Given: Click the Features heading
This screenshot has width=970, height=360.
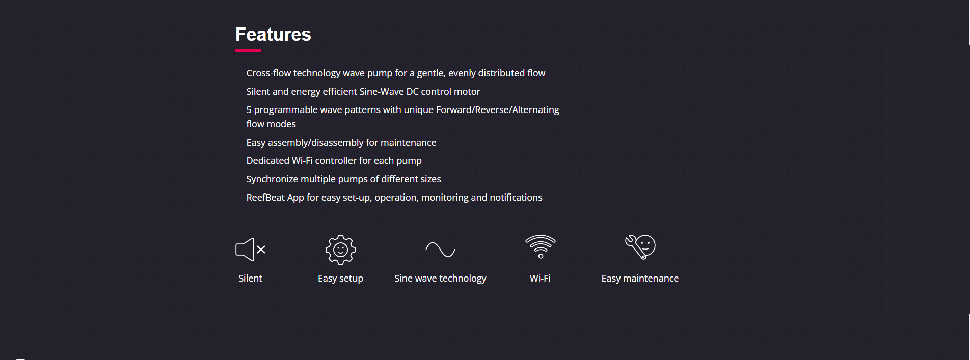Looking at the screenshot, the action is tap(273, 34).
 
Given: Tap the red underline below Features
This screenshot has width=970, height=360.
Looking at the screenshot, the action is tap(248, 51).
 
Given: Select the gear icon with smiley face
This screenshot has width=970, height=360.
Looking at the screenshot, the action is tap(340, 250).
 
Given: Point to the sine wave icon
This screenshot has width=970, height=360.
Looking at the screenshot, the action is tap(440, 250).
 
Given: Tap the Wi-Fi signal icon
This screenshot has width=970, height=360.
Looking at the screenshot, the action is tap(541, 246).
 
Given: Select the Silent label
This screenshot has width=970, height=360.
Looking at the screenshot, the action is tap(250, 279).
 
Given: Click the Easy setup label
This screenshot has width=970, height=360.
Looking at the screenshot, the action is tap(340, 279).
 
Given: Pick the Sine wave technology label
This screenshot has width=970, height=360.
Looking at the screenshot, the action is tap(440, 279).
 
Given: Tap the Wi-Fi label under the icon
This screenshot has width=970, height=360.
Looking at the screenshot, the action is tap(540, 279).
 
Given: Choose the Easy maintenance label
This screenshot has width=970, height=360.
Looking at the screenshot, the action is tap(640, 279).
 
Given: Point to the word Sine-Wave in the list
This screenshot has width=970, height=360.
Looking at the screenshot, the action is tap(382, 92).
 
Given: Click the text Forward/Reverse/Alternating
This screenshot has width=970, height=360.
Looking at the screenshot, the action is tap(498, 110).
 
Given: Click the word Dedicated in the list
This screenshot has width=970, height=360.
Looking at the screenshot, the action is tap(267, 161).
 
